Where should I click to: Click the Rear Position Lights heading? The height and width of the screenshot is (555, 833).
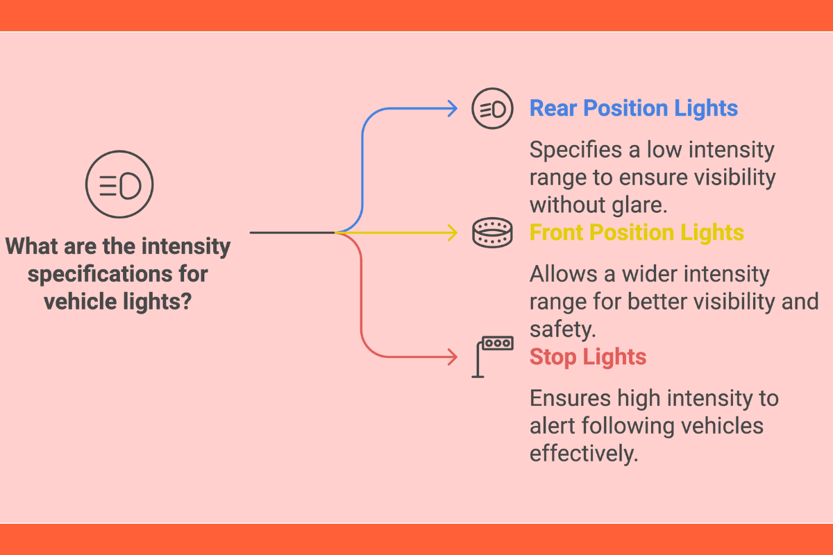coord(633,108)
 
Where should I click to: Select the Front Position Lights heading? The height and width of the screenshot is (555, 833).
coord(637,232)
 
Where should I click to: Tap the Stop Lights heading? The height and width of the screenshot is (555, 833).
coord(588,357)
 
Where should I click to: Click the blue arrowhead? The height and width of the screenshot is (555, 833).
coord(453,108)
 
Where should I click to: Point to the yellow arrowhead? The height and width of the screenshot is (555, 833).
coord(453,232)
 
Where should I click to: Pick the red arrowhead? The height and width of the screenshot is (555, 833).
coord(453,357)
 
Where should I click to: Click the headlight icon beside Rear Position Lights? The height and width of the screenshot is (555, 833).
coord(492,108)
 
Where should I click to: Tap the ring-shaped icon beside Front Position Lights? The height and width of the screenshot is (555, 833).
coord(492,232)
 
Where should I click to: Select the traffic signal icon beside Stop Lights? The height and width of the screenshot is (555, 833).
coord(492,355)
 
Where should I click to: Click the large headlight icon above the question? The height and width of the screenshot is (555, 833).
coord(119,185)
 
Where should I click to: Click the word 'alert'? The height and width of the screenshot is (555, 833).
coord(555,427)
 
